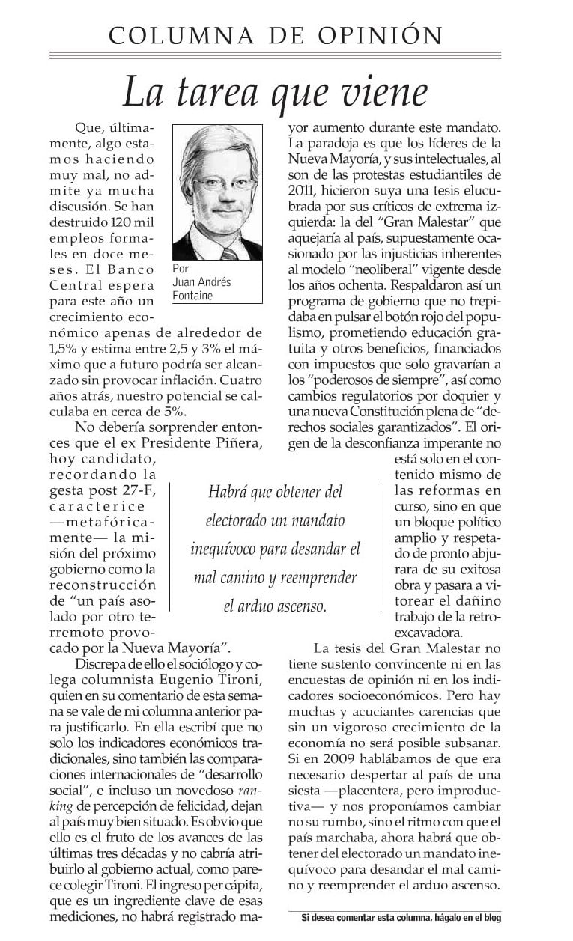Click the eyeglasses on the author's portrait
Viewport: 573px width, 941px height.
(219, 184)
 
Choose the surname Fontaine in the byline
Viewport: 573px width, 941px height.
(193, 295)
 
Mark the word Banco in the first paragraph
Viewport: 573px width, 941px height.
(132, 269)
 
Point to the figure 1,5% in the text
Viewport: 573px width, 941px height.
(64, 349)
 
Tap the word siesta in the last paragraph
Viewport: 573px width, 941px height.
(307, 808)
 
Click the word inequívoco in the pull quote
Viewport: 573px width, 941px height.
(225, 549)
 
